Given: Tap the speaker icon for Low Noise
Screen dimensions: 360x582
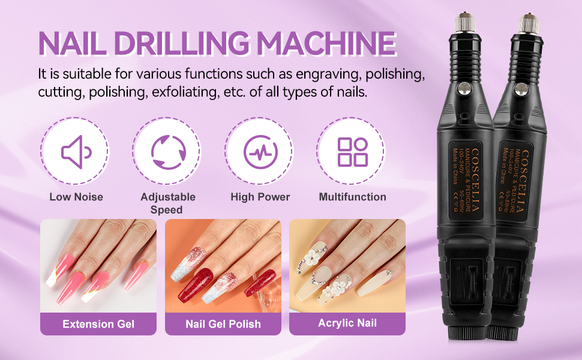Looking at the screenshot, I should (75, 150).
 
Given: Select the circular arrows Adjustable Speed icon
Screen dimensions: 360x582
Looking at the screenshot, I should (167, 150).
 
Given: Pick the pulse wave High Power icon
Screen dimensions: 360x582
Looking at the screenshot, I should (260, 150).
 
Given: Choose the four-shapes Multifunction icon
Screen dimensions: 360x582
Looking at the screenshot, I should (352, 151).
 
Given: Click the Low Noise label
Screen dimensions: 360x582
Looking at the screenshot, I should (76, 197).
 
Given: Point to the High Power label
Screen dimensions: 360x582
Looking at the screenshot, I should (260, 197).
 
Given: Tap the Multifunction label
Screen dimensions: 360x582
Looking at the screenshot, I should (352, 197).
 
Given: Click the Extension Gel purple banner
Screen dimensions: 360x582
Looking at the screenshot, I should (98, 324).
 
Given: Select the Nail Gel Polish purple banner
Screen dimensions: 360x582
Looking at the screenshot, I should (223, 324).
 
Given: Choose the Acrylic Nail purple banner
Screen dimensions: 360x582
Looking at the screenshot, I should (347, 323).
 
